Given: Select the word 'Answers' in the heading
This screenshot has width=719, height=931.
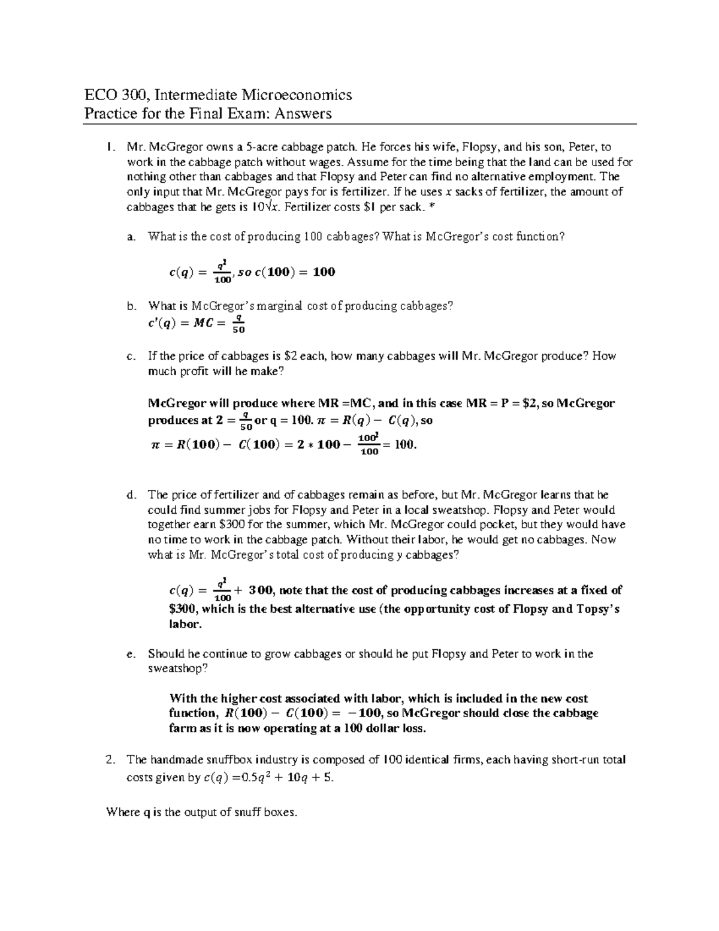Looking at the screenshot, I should point(303,113).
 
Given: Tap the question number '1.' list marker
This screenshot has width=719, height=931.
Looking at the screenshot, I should point(109,147).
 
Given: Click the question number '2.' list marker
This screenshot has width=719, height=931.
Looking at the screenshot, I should point(109,760).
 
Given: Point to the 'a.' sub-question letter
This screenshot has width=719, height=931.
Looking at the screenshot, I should point(131,237).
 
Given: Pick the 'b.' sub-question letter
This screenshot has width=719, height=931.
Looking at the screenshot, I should point(131,306).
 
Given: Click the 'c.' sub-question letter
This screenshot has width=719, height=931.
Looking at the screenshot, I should point(131,356).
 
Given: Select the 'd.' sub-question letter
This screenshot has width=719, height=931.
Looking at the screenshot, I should point(131,495).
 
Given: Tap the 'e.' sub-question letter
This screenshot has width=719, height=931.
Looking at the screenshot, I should point(131,654).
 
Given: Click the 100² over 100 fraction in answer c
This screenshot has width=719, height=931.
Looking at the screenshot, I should point(369,444).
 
